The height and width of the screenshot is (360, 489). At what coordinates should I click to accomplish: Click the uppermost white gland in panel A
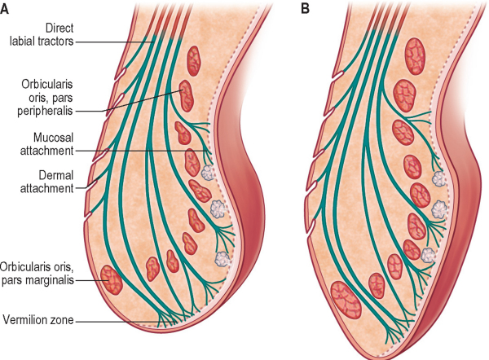pyautogui.click(x=209, y=172)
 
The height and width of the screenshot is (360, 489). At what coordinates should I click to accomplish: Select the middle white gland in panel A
pyautogui.click(x=218, y=208)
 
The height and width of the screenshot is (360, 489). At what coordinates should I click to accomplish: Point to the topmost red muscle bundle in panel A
pyautogui.click(x=194, y=58)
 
